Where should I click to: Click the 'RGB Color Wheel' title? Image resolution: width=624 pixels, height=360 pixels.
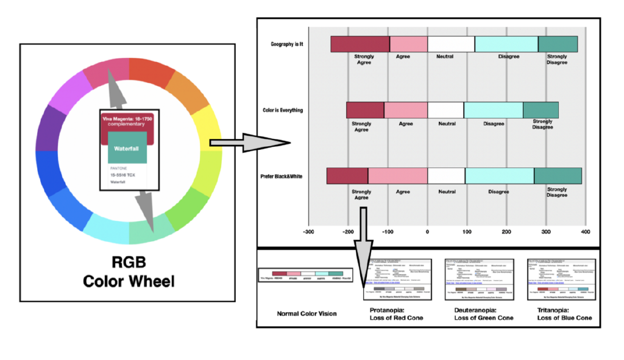point(128,272)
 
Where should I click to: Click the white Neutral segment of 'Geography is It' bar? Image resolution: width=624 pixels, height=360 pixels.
point(451,44)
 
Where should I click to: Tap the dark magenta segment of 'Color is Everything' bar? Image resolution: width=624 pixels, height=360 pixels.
point(365,110)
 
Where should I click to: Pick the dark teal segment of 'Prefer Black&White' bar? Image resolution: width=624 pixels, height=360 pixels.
point(558,175)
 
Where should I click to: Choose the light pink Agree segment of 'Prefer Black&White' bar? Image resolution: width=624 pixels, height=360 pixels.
point(397,175)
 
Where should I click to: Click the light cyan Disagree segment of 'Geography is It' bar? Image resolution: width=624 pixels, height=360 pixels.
point(506,44)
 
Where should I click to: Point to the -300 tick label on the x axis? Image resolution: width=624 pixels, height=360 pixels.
point(308,232)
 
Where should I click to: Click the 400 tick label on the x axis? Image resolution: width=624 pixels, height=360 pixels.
point(586,232)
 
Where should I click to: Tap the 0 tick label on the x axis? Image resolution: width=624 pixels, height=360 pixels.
point(428,232)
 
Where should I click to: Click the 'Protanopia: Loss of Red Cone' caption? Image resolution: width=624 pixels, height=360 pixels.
point(396,314)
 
